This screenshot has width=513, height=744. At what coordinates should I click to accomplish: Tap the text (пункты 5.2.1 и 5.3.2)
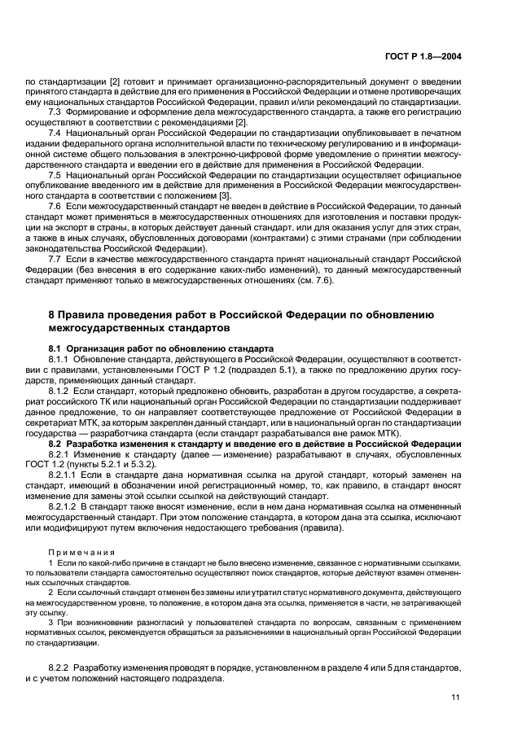(x=112, y=465)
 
